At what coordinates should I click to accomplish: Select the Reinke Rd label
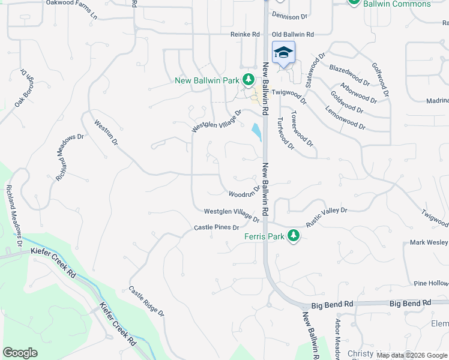[245, 35]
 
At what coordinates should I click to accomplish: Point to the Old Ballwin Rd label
[293, 35]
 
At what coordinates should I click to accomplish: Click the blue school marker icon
[283, 53]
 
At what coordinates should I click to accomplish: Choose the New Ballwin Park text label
[206, 80]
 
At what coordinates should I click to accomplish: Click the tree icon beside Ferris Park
[294, 236]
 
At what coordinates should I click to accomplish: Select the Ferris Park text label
[264, 236]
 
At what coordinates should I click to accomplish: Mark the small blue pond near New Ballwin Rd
[257, 131]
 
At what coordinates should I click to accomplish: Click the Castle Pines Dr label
[217, 228]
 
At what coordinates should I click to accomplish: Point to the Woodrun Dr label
[244, 192]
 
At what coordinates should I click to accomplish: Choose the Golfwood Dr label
[381, 81]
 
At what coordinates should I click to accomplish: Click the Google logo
[20, 353]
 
